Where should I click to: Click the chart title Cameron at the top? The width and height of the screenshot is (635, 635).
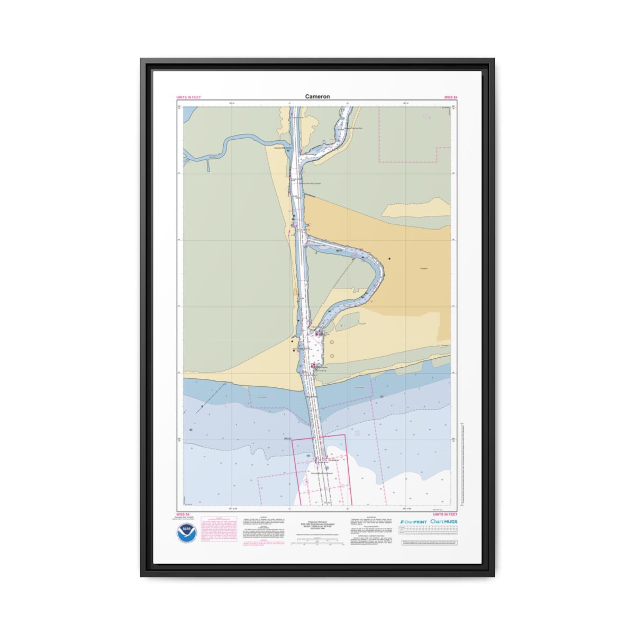click(317, 97)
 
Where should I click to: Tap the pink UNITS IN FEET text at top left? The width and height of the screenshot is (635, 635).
click(188, 98)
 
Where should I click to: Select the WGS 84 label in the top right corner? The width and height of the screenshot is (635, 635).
click(451, 98)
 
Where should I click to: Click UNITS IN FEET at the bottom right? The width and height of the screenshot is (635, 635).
click(445, 514)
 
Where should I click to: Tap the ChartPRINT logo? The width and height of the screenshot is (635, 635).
click(413, 522)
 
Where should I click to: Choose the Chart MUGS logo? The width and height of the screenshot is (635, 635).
click(444, 522)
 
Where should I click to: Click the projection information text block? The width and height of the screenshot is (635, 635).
click(317, 523)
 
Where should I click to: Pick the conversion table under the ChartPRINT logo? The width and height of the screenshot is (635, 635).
click(429, 533)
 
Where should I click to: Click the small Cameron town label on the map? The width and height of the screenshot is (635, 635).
click(423, 269)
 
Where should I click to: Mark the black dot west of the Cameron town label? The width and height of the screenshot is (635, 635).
click(389, 259)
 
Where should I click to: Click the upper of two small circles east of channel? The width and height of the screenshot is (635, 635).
click(332, 342)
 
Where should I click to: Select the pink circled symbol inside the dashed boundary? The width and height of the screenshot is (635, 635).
click(426, 116)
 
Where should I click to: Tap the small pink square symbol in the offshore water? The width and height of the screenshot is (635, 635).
click(358, 433)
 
